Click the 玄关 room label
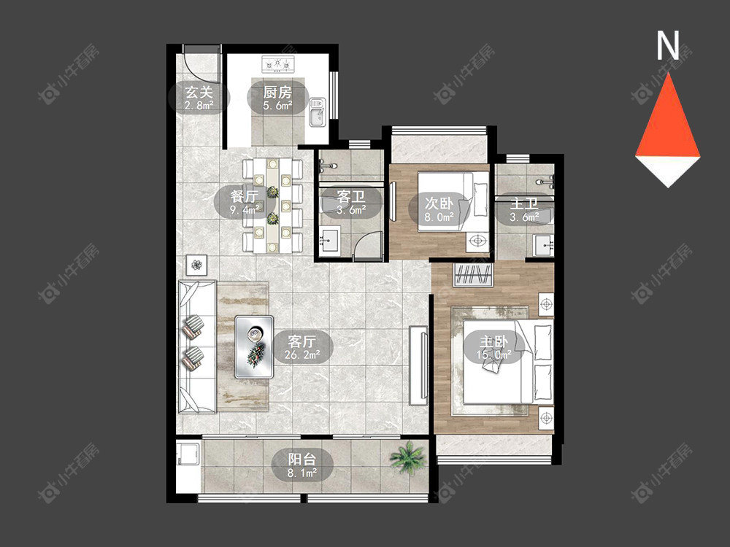click(x=199, y=97)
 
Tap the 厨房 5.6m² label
click(x=277, y=97)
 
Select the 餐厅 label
click(x=245, y=202)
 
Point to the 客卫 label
click(x=351, y=202)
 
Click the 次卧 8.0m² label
click(x=439, y=209)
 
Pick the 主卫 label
click(x=524, y=209)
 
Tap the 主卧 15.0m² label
click(x=494, y=348)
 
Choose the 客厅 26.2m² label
click(x=303, y=348)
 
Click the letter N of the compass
click(x=668, y=45)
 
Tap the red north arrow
click(x=668, y=116)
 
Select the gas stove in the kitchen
click(x=278, y=64)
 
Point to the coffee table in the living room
click(x=254, y=346)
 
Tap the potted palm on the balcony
click(x=407, y=457)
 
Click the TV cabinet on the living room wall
click(x=418, y=365)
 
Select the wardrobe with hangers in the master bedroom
click(x=473, y=275)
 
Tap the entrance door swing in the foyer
click(x=201, y=65)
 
